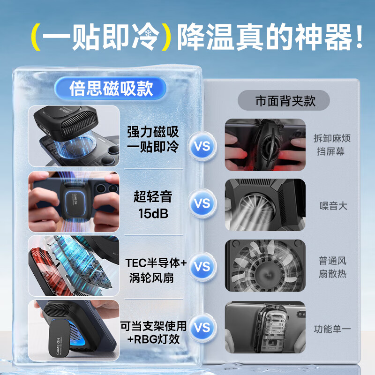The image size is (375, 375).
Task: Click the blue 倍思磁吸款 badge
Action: pos(111,88)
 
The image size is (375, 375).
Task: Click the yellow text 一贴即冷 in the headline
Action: pos(100,37)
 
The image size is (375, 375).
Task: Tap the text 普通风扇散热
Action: pos(332,267)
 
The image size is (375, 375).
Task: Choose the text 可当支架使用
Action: pos(153,324)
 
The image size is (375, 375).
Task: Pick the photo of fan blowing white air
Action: pos(265,205)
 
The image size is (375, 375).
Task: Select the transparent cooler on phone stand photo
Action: pos(265,327)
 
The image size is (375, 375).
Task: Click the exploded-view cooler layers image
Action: pos(74,266)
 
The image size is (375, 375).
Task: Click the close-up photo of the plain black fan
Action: pos(265,266)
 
